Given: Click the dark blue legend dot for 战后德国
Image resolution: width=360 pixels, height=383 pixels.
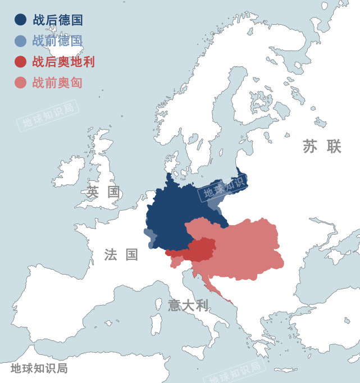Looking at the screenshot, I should [20, 20].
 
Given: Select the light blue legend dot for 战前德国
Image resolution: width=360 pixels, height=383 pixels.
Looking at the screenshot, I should [20, 41].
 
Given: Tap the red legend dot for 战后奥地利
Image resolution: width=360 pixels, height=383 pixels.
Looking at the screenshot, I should [20, 62].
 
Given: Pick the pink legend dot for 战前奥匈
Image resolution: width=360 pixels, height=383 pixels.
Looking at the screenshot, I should [20, 83].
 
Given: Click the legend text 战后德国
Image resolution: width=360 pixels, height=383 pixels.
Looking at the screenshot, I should [58, 20].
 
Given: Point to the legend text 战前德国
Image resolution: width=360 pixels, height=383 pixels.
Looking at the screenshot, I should [58, 41].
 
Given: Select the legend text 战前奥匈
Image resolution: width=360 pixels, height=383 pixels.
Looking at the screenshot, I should [58, 83].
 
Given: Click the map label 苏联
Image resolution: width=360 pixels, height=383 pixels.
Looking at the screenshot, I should [322, 147].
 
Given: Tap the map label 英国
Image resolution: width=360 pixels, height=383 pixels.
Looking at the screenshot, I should [103, 191].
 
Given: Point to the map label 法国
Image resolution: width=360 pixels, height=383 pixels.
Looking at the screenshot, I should [121, 254].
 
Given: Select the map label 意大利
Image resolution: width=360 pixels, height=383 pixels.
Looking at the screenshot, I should [188, 306].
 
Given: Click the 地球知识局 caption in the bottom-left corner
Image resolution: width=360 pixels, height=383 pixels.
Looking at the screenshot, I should [39, 368].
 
